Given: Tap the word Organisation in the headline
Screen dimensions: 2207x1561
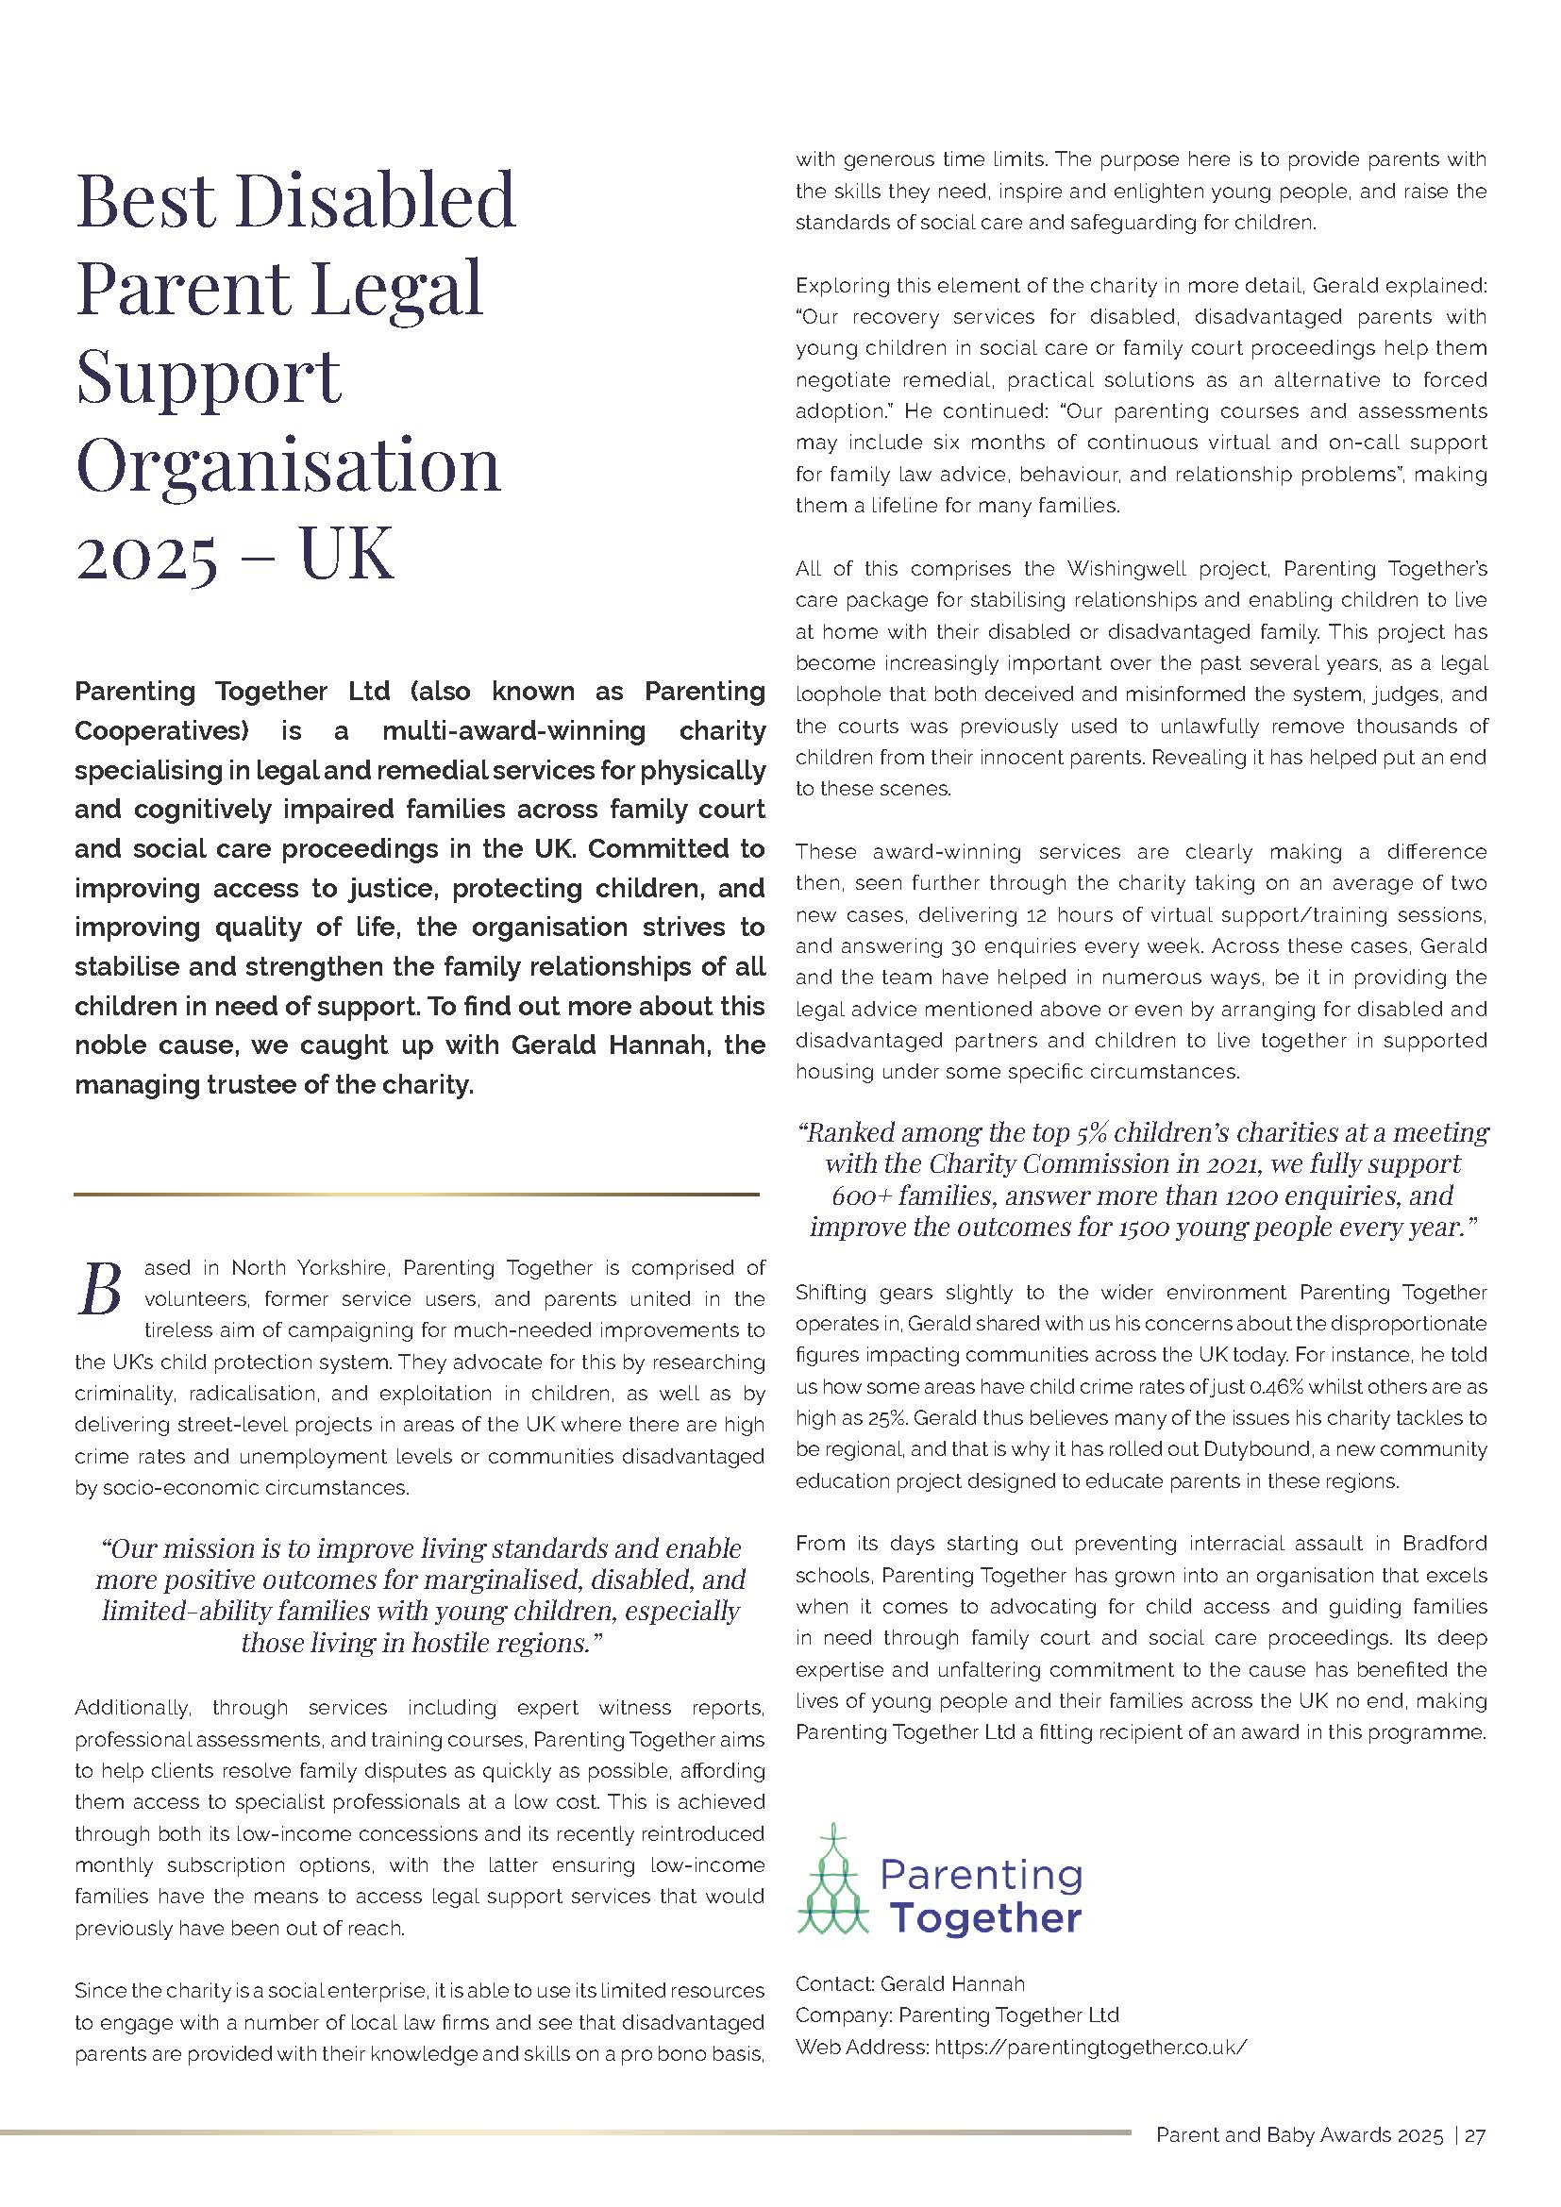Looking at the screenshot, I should click(x=288, y=467).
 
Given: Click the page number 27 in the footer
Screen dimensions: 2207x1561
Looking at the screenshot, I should click(x=1475, y=2162).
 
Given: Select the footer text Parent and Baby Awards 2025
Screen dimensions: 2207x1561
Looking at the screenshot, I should click(x=1299, y=2162).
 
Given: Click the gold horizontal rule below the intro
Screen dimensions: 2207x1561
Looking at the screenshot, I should click(x=416, y=1194).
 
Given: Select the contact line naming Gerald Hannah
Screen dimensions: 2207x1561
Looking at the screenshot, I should click(x=909, y=1983).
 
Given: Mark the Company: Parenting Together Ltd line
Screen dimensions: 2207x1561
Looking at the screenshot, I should click(x=956, y=2015).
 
